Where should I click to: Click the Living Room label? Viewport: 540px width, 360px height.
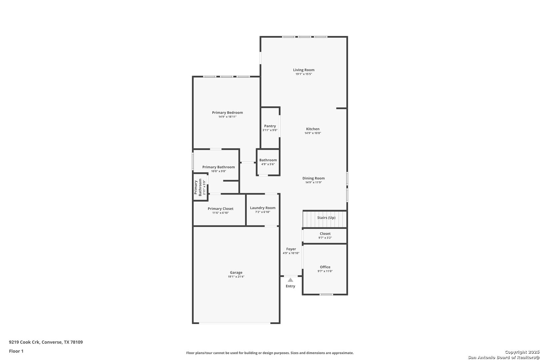(304, 70)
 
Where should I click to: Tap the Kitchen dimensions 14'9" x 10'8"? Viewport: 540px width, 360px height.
(313, 133)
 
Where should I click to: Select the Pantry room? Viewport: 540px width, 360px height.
(270, 128)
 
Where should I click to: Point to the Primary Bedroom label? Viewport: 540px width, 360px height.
(227, 113)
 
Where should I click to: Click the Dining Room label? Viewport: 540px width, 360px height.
(313, 178)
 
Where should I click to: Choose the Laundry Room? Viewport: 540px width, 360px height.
(263, 210)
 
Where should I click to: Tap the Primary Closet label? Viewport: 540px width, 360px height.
(220, 209)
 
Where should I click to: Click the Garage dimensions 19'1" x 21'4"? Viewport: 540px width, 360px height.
(236, 277)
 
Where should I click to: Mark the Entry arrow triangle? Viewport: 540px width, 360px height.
(290, 280)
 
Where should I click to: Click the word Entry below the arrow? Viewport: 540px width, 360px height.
(290, 286)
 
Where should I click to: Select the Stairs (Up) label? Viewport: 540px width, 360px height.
(326, 218)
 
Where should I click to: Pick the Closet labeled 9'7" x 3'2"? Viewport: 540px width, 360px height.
(325, 236)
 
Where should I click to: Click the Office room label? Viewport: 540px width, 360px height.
(325, 267)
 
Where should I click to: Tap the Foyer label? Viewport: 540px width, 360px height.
(291, 249)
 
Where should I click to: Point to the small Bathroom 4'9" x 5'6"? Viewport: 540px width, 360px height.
(268, 162)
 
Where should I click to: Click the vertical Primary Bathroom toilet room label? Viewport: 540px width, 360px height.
(198, 187)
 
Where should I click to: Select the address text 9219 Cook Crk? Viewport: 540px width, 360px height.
(24, 342)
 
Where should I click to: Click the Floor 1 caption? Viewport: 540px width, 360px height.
(16, 351)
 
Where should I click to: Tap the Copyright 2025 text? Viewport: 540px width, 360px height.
(522, 352)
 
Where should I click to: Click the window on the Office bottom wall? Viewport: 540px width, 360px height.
(326, 294)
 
